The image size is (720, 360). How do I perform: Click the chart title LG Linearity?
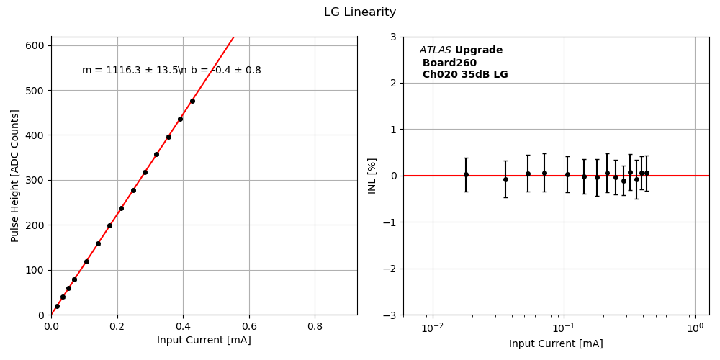pos(360,12)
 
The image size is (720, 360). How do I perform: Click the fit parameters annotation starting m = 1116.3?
pos(171,71)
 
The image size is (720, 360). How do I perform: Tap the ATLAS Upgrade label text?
pos(461,50)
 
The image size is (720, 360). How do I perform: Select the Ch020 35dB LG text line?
pos(465,75)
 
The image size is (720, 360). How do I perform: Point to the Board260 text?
pos(449,63)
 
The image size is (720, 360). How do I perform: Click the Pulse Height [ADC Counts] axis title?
pos(15,176)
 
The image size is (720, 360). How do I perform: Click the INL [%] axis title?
pos(372,176)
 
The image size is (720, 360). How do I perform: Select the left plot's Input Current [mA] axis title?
pos(204,340)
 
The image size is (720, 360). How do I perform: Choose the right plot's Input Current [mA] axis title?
pos(556,343)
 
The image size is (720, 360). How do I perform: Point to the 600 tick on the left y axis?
pos(35,45)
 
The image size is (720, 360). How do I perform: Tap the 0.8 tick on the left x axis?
pos(315,326)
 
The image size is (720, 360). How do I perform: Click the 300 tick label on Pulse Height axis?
pos(35,180)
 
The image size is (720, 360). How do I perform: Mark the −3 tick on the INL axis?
pos(390,315)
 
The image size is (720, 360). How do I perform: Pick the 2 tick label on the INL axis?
pos(393,83)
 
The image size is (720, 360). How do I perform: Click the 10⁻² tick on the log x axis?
pos(432,328)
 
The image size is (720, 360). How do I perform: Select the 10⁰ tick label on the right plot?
pos(695,328)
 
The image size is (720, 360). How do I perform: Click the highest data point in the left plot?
pos(192,101)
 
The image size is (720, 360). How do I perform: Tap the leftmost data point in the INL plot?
pos(466,174)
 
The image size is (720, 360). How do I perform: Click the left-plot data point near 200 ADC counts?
pos(109,225)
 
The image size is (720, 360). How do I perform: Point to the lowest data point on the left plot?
pos(57,306)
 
